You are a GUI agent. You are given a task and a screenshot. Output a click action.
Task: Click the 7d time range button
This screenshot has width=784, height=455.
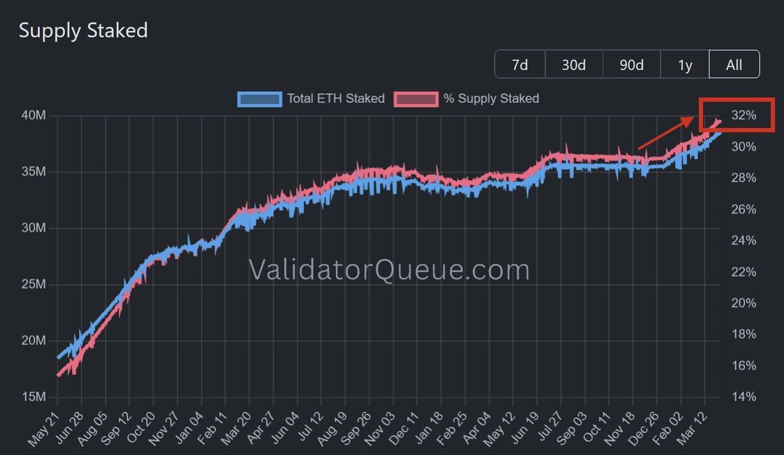[519, 65]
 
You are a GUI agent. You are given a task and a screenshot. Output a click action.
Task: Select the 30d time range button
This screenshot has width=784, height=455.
[573, 65]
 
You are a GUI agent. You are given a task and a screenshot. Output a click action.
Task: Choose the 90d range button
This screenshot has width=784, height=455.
[631, 65]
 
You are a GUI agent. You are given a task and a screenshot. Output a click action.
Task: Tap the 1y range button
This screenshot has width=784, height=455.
[685, 65]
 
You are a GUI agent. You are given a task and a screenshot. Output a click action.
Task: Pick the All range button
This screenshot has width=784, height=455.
[734, 65]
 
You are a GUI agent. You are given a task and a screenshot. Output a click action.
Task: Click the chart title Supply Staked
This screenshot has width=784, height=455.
[83, 30]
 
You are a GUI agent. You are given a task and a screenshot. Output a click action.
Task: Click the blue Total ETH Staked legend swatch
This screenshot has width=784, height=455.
[260, 99]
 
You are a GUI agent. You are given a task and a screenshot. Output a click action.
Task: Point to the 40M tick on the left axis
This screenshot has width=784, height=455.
[33, 116]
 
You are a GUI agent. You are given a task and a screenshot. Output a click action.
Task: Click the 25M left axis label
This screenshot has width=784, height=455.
[33, 285]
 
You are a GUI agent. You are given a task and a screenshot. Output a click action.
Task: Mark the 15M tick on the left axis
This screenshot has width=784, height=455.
[33, 397]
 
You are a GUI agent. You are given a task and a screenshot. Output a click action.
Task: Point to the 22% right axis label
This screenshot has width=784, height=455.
[743, 272]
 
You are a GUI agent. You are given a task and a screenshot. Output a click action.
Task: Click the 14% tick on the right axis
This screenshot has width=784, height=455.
[743, 397]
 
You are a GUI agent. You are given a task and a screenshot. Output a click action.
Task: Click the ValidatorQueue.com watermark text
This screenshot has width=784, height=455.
[389, 270]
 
